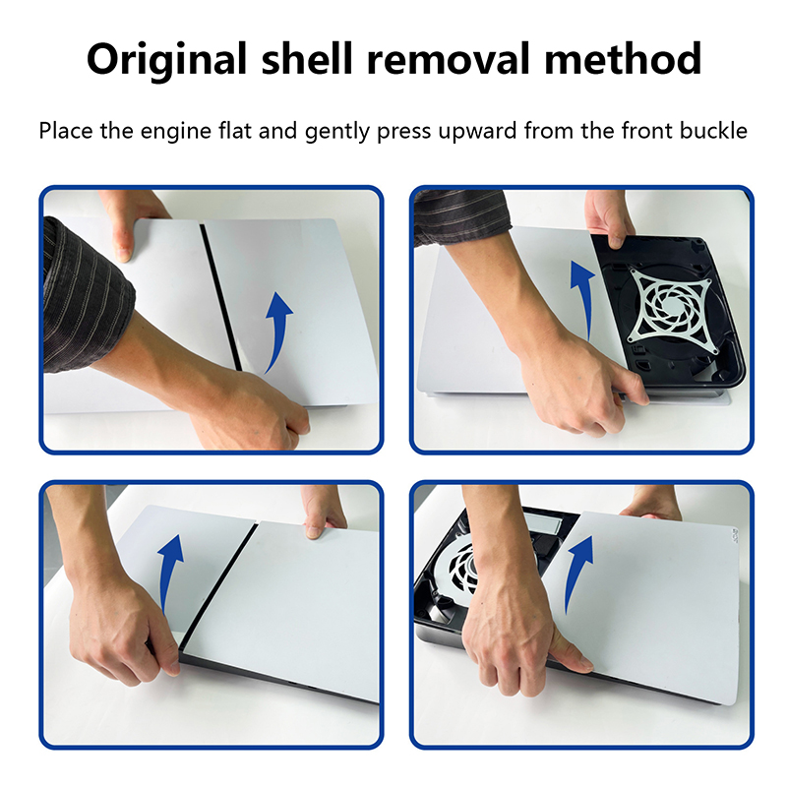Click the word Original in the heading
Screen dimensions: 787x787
[166, 60]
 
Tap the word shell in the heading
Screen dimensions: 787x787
[307, 59]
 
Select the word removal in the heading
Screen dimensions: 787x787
[449, 59]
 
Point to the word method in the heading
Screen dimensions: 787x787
[623, 59]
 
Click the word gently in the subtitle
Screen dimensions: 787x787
[336, 133]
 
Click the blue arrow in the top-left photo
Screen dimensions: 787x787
[277, 332]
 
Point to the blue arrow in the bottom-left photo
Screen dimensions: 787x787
[168, 573]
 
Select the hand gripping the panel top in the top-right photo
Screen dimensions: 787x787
[609, 218]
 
